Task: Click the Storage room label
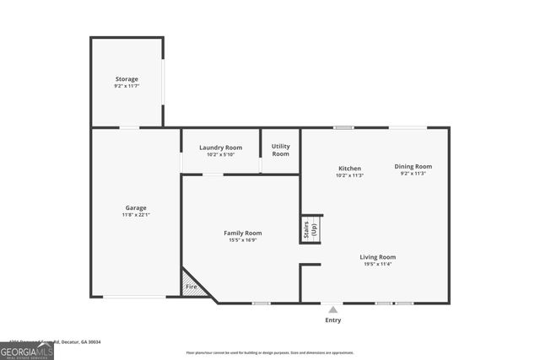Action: (127, 79)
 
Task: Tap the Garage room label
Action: (136, 207)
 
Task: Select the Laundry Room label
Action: (220, 148)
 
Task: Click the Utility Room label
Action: (280, 150)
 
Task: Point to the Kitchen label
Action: (349, 168)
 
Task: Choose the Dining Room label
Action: (413, 166)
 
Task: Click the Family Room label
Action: (242, 233)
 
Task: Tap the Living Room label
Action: (377, 256)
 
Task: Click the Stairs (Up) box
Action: (310, 228)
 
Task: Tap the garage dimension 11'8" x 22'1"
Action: (136, 215)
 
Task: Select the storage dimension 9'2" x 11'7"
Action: (127, 86)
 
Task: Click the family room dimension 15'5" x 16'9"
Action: (242, 240)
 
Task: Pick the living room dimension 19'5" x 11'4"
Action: (377, 264)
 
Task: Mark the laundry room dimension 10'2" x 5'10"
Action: (220, 154)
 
